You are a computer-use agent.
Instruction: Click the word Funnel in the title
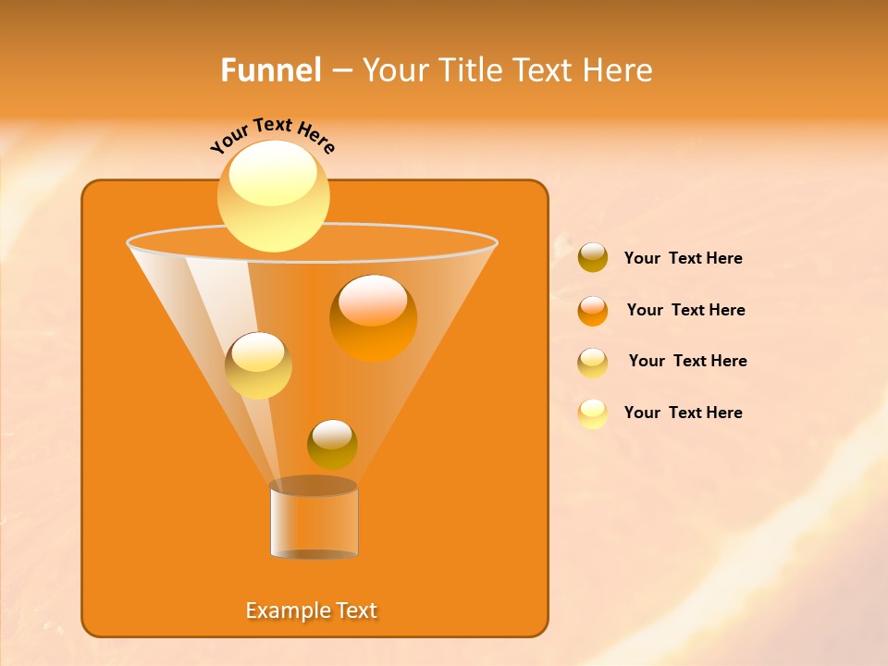tap(271, 70)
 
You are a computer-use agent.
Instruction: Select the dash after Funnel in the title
tap(340, 71)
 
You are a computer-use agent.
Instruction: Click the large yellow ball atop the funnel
tap(274, 195)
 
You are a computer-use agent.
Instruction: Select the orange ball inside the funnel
tap(373, 318)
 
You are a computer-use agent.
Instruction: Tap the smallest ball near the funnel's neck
tap(332, 444)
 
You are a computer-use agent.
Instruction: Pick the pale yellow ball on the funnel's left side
tap(258, 365)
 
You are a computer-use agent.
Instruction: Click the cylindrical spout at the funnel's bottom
tap(314, 522)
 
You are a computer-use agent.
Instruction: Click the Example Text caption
tap(312, 610)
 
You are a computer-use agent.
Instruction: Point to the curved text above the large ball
tap(273, 136)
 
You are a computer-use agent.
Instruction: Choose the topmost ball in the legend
tap(593, 257)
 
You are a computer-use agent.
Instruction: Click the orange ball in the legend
tap(593, 311)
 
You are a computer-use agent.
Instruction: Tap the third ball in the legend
tap(593, 363)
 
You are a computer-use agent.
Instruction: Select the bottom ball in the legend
tap(593, 413)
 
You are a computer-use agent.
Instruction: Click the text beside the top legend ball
tap(683, 258)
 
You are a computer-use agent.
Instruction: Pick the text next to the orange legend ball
tap(685, 310)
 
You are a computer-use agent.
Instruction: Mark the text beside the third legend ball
tap(687, 361)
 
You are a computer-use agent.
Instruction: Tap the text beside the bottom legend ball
tap(683, 413)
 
